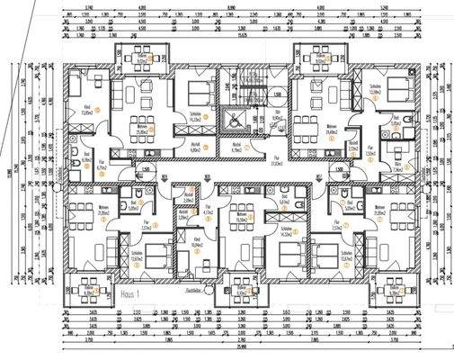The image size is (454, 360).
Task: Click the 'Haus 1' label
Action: (130, 293)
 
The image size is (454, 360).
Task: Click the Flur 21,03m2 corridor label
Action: (279, 161)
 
